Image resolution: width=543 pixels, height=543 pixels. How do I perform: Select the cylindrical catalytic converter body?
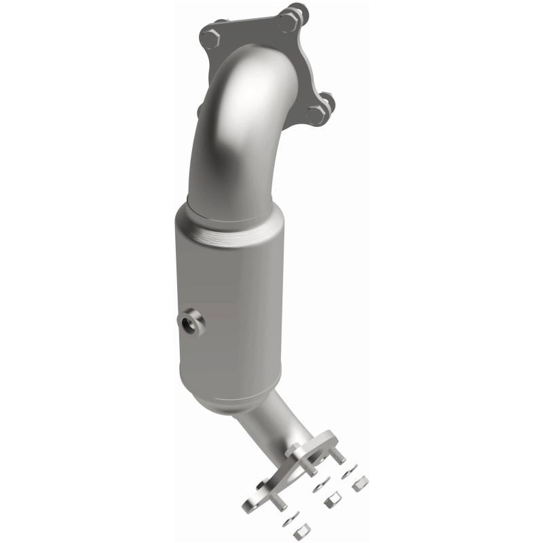(x=231, y=305)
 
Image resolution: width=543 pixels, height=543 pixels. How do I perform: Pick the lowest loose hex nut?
(x=303, y=532)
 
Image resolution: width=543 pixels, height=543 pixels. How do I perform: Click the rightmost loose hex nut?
(x=361, y=483)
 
